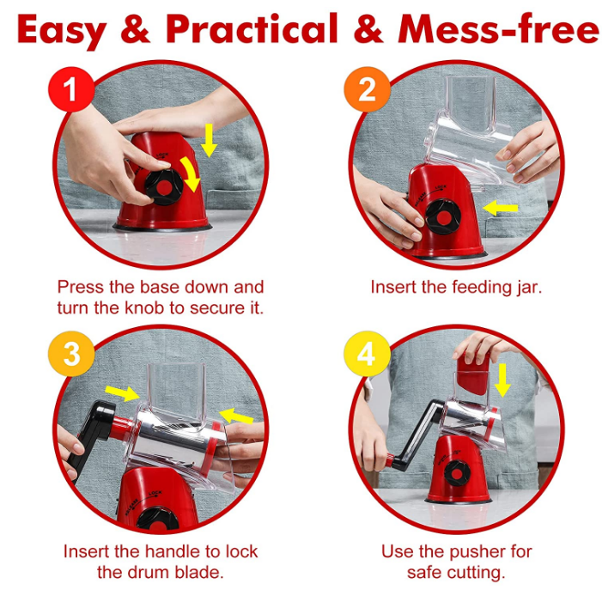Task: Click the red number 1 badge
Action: tap(71, 89)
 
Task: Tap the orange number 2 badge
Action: tap(367, 89)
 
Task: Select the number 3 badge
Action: tap(71, 354)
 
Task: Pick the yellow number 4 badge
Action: tap(367, 354)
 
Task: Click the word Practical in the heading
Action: tap(252, 29)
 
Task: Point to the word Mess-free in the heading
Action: tap(498, 29)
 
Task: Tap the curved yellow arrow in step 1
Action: tap(191, 173)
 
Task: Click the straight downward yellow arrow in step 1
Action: tap(209, 141)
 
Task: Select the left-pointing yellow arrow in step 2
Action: tap(501, 209)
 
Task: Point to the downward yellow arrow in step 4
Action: tap(502, 380)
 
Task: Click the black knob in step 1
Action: tap(164, 187)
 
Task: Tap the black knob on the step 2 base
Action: tap(443, 217)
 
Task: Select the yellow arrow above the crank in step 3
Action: tap(122, 393)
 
